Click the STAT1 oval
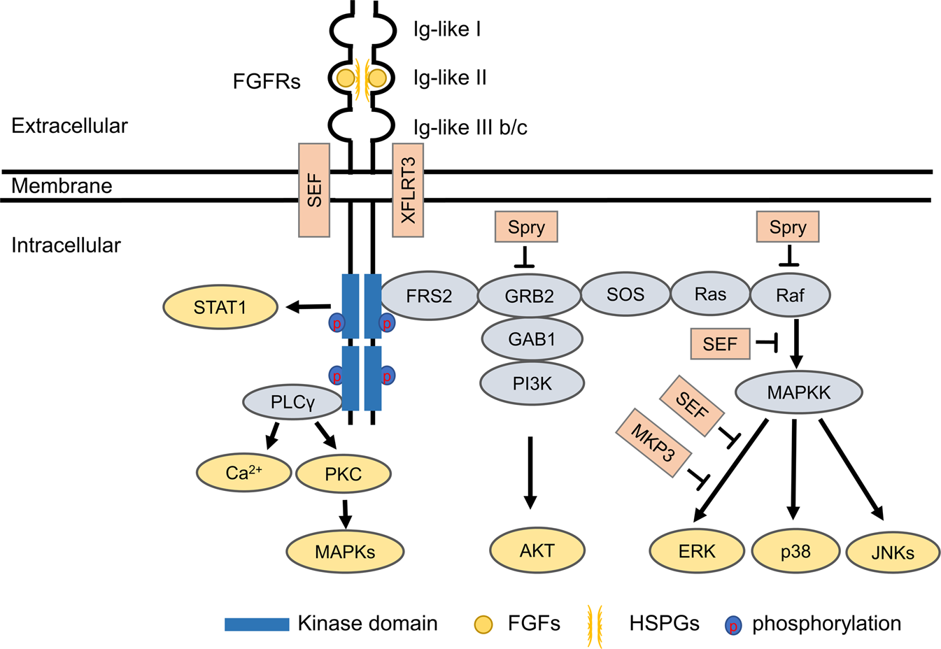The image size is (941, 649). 220,307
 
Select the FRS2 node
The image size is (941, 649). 429,296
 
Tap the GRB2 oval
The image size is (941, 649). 529,296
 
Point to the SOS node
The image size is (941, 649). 625,294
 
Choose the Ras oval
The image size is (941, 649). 710,294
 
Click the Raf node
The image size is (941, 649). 790,296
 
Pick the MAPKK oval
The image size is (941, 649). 798,392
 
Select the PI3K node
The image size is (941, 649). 532,383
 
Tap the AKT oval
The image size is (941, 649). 537,550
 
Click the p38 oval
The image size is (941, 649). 795,552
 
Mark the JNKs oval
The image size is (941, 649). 893,552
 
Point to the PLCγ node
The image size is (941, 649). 292,402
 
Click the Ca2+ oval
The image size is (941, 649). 243,473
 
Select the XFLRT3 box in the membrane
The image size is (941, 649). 408,190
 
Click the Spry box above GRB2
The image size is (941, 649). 526,227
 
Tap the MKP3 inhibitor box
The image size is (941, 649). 653,443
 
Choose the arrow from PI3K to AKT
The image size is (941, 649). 530,472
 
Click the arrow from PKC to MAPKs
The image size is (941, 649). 344,514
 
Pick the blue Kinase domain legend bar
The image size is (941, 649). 257,624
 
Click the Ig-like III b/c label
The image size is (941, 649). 470,128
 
